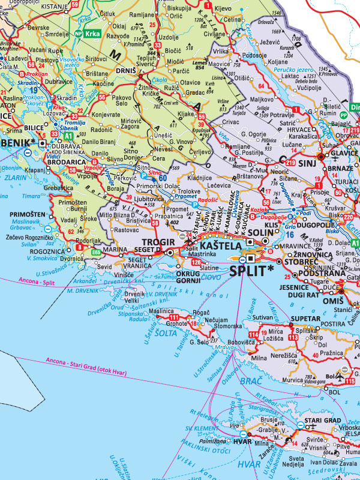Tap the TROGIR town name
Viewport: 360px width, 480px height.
tap(158, 241)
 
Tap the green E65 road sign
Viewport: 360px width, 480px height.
tap(96, 253)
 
